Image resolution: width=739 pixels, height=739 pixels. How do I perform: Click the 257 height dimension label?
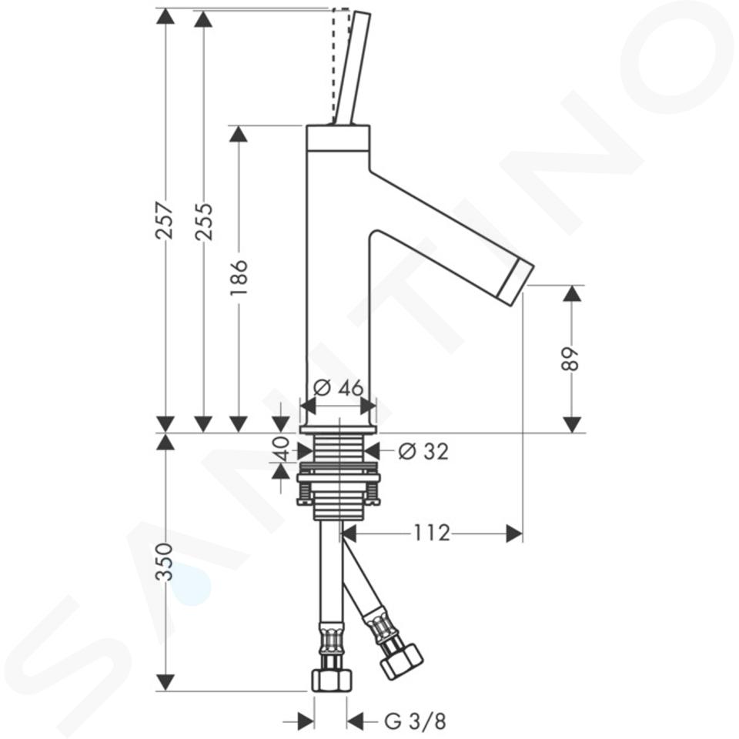tap(165, 221)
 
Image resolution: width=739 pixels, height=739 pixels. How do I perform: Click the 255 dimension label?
tap(204, 222)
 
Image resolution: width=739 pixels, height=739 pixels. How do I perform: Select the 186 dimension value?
tap(239, 277)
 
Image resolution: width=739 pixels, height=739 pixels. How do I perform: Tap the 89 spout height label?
tap(571, 359)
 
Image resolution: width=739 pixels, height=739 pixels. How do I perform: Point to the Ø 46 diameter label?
tap(339, 387)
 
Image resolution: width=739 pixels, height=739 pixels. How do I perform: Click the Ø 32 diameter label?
tap(423, 452)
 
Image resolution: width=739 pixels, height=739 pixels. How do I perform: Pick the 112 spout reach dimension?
tap(432, 533)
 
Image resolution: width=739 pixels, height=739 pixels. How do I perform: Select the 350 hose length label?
tap(165, 562)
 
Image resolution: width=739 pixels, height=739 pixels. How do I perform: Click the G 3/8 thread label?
tap(415, 721)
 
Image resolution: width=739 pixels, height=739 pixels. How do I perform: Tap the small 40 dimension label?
tap(281, 448)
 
